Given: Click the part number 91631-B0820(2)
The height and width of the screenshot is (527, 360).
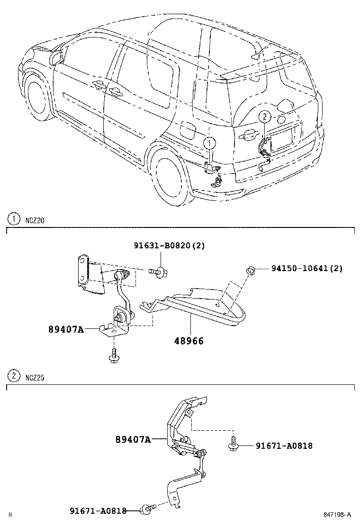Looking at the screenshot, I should (169, 245).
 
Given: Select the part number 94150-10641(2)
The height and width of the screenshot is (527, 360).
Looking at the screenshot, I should (306, 268).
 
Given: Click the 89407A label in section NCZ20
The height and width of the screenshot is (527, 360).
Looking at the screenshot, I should (65, 329).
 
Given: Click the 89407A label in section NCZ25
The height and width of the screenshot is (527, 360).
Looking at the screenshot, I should (133, 439).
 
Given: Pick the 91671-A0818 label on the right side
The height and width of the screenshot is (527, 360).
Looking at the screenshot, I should (284, 445).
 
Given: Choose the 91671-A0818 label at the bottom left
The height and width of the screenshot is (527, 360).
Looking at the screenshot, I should (98, 510).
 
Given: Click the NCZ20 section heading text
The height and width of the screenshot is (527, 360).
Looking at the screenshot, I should (35, 219).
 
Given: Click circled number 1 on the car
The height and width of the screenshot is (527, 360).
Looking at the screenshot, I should (209, 142).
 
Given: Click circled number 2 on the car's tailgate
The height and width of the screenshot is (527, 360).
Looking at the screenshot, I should (264, 116).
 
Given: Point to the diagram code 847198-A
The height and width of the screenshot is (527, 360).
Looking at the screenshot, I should (337, 514).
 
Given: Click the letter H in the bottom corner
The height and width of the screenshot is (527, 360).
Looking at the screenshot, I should (9, 515).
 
